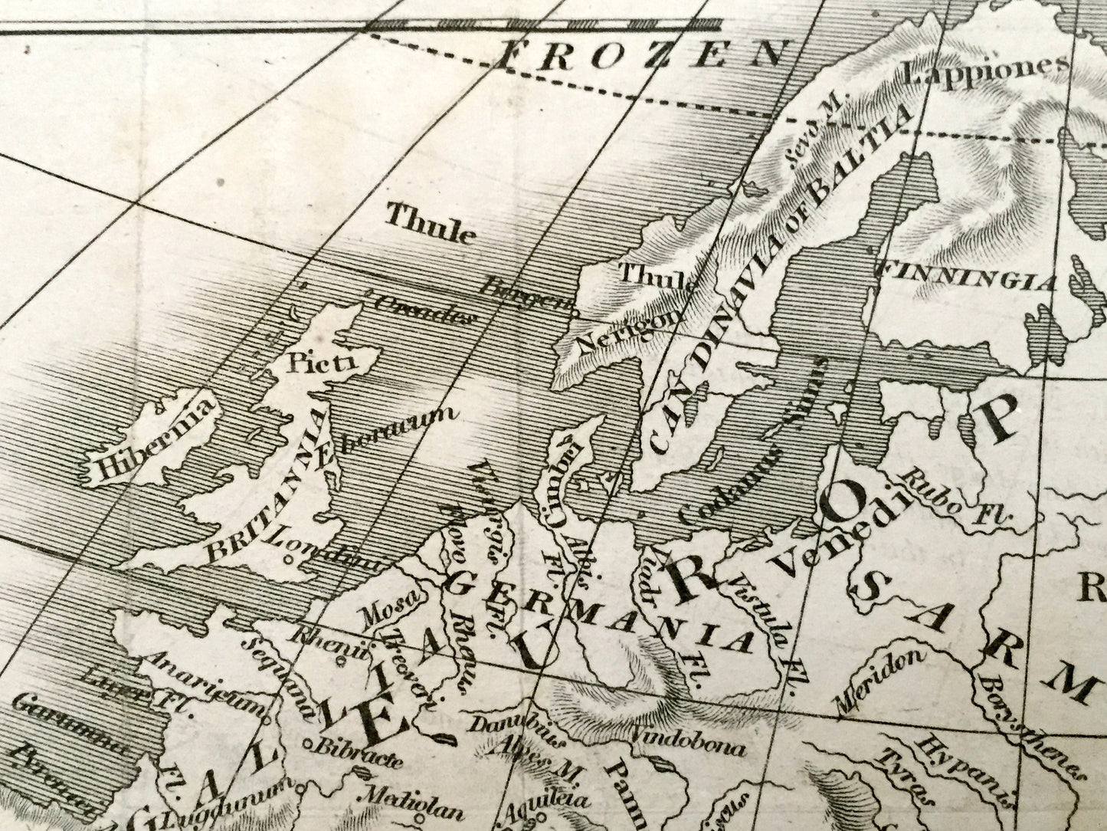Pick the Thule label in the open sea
(430, 222)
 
